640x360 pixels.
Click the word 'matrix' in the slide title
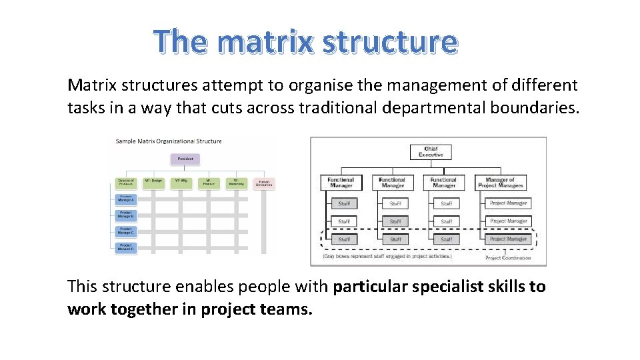(x=265, y=42)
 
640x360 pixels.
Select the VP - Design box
(x=154, y=182)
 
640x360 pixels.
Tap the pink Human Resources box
(x=264, y=183)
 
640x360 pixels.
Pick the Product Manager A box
(x=126, y=198)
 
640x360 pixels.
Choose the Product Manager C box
(x=126, y=231)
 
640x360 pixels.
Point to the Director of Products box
(x=126, y=182)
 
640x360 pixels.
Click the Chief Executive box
(x=430, y=151)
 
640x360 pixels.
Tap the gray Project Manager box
(x=508, y=239)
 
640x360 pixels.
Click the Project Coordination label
(x=508, y=258)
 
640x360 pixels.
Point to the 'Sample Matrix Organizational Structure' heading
(x=169, y=141)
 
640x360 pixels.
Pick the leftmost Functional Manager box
(x=341, y=182)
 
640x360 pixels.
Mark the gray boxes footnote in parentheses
(x=387, y=256)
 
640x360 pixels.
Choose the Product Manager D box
(x=126, y=247)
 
